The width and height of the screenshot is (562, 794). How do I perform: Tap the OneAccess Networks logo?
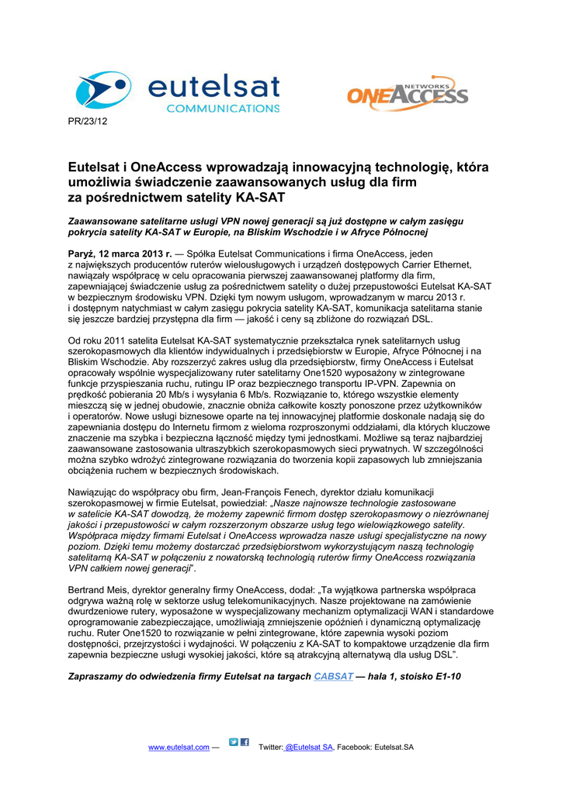pos(407,94)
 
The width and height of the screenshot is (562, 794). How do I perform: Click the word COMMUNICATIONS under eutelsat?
pos(223,109)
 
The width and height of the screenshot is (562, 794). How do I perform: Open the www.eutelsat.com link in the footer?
pos(179,747)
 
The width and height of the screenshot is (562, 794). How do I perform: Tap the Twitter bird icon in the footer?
pos(234,743)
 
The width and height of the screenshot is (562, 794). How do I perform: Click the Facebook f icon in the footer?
pos(245,743)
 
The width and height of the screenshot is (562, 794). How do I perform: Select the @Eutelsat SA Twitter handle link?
pos(309,747)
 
